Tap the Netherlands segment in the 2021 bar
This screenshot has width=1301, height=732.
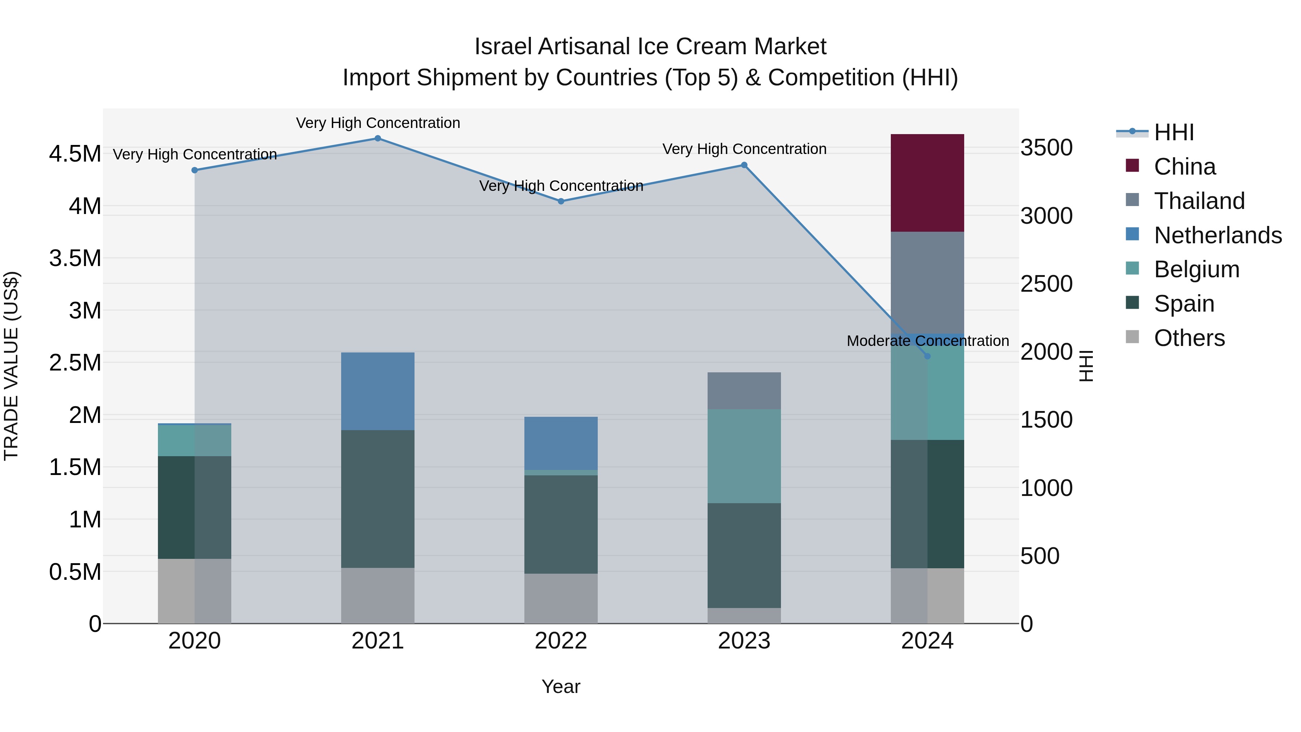pos(378,391)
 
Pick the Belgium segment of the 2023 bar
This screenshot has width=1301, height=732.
pos(744,456)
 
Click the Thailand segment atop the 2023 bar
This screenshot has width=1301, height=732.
pos(744,390)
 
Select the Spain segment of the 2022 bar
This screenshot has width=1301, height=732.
pos(561,525)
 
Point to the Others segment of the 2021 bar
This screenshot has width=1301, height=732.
pos(378,596)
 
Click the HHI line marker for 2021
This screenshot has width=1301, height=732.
pos(378,138)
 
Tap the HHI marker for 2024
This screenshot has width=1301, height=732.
pos(927,356)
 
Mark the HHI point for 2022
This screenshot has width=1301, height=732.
pos(561,201)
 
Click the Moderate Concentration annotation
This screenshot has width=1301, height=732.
pos(928,341)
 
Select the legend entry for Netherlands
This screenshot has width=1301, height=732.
pos(1218,235)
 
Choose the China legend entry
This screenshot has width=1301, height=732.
pos(1184,167)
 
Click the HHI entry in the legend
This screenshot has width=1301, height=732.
pos(1173,132)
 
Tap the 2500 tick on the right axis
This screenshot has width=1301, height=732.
pos(1047,284)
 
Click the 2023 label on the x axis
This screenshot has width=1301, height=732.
pos(744,641)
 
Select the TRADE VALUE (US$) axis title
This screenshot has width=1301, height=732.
pos(11,366)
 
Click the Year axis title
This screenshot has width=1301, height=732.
pos(561,686)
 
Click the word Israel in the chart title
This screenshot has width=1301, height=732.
pos(503,47)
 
